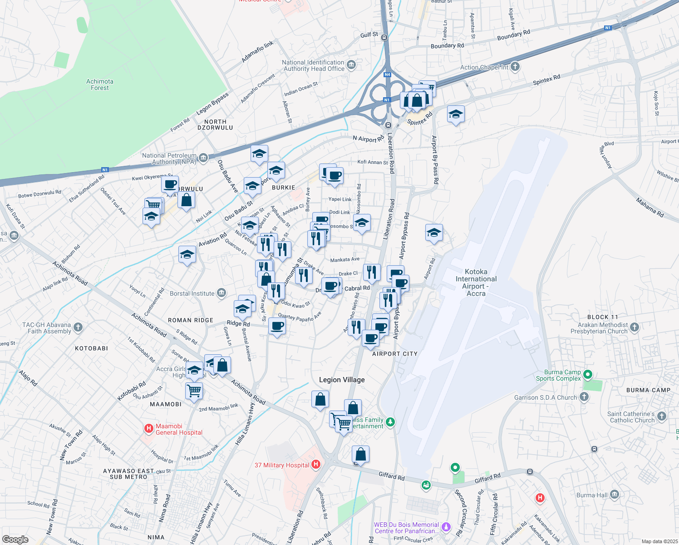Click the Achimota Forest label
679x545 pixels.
click(x=100, y=84)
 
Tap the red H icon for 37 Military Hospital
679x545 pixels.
click(x=316, y=464)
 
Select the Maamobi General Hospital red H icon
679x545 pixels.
click(x=148, y=428)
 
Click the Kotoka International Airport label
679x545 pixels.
click(x=476, y=282)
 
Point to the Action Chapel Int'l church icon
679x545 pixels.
click(x=515, y=67)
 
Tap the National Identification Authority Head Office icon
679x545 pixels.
click(x=351, y=65)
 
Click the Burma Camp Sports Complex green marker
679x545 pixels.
click(x=588, y=375)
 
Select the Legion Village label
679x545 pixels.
click(x=342, y=380)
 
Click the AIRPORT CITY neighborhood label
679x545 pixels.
click(x=394, y=354)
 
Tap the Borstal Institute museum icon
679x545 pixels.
click(x=221, y=293)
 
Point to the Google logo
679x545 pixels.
click(x=15, y=540)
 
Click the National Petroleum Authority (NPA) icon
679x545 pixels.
click(x=203, y=158)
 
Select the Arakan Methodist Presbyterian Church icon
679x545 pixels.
click(x=635, y=327)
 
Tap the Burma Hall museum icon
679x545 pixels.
click(x=615, y=495)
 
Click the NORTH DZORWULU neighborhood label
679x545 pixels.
click(x=215, y=125)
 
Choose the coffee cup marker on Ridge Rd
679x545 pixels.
click(x=277, y=327)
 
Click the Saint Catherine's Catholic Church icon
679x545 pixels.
click(x=662, y=416)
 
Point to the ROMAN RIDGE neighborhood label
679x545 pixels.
click(x=191, y=320)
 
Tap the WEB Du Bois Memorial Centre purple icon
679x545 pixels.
click(x=446, y=527)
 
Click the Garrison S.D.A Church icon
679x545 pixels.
click(x=584, y=397)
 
